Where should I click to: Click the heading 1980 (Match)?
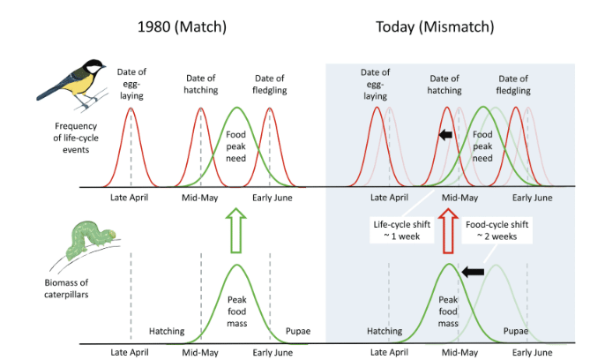coord(182,26)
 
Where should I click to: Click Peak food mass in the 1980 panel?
coord(235,311)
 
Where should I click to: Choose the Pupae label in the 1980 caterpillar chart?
coord(298,332)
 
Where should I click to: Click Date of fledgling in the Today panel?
coord(513,85)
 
